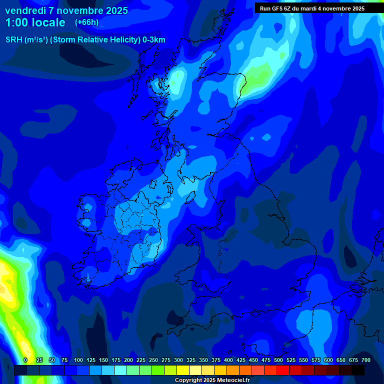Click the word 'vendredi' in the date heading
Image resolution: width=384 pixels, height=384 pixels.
click(x=25, y=10)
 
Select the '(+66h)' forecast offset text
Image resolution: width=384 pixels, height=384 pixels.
click(x=86, y=22)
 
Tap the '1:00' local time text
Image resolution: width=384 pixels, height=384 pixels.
click(x=17, y=22)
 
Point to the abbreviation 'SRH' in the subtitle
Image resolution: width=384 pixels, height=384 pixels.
click(x=13, y=40)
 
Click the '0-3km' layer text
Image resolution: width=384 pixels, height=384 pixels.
click(x=154, y=40)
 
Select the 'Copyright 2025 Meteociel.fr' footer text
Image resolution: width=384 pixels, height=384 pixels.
click(x=212, y=380)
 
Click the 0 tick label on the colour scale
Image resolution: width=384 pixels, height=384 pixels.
click(x=25, y=360)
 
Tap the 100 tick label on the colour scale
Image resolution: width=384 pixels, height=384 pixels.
click(x=78, y=360)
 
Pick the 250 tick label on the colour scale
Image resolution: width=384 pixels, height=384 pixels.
click(x=153, y=360)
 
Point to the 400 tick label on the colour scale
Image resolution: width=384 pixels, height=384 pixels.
click(x=228, y=360)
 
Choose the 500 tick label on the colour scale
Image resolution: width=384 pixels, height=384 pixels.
click(x=278, y=360)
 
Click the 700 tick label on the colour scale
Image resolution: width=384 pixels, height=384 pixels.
click(x=365, y=360)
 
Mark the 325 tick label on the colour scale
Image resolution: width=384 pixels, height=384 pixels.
click(x=191, y=360)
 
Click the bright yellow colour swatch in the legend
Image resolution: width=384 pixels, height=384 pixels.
click(x=183, y=370)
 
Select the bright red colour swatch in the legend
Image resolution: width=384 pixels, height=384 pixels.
click(x=283, y=370)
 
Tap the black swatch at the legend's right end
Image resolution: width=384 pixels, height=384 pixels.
click(x=358, y=370)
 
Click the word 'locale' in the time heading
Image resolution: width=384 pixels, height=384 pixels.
click(x=47, y=22)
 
